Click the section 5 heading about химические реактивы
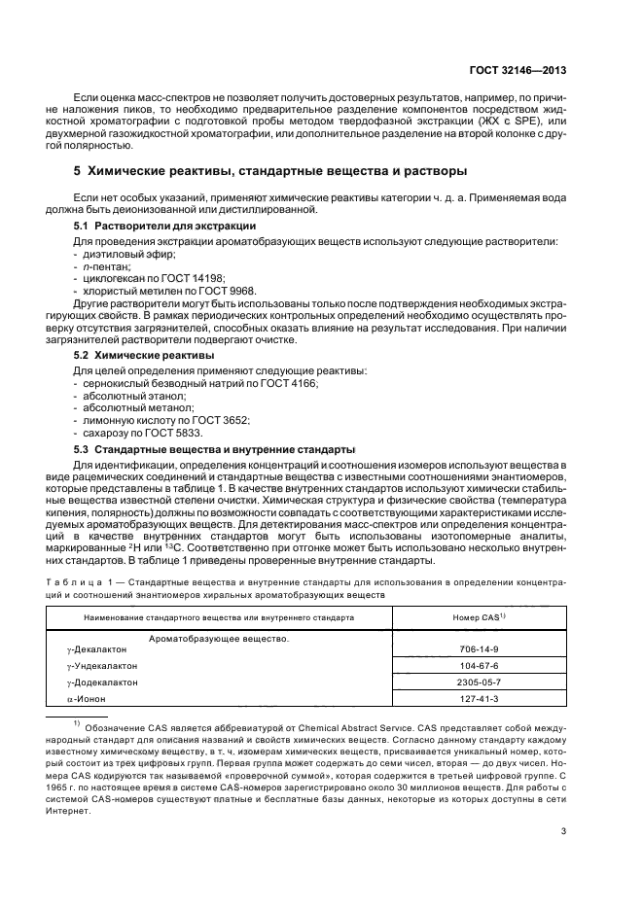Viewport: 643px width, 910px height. tap(271, 172)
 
